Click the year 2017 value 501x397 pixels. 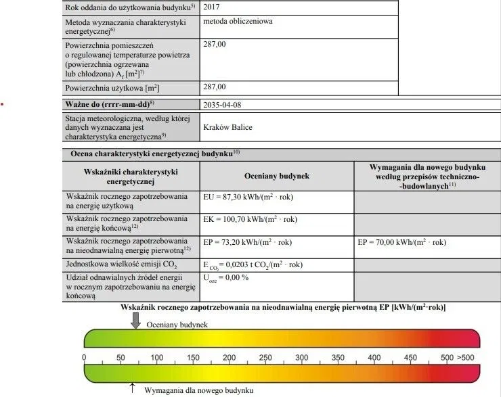pyautogui.click(x=211, y=7)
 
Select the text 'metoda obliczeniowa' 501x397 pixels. pyautogui.click(x=238, y=21)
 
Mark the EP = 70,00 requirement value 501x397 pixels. pyautogui.click(x=401, y=241)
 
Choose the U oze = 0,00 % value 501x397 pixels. pyautogui.click(x=226, y=277)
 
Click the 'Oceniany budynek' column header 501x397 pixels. pyautogui.click(x=276, y=175)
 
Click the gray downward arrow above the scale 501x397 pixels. pyautogui.click(x=135, y=321)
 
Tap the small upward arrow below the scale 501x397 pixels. pyautogui.click(x=132, y=388)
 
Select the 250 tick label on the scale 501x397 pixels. pyautogui.click(x=265, y=358)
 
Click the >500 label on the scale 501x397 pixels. pyautogui.click(x=467, y=358)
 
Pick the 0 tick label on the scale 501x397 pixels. pyautogui.click(x=84, y=358)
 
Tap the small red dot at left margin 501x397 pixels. pyautogui.click(x=3, y=105)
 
